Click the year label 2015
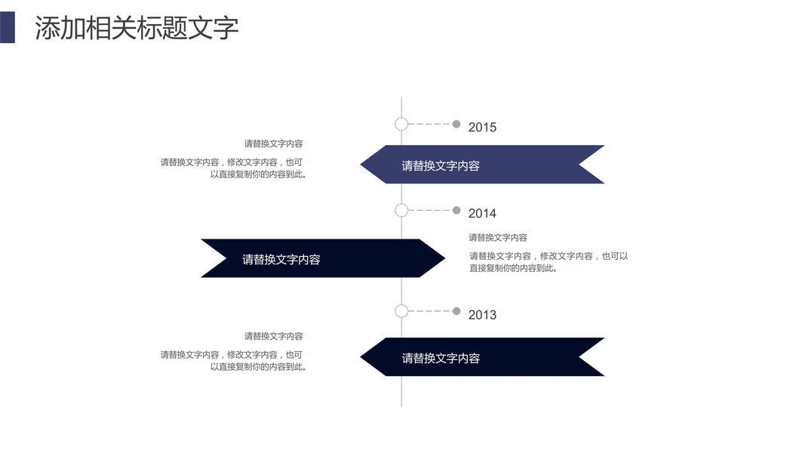point(482,127)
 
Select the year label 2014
point(482,214)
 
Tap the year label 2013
point(482,315)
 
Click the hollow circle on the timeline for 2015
point(401,124)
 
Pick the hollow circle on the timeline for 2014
point(401,210)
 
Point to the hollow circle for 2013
point(401,311)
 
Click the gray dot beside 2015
point(456,124)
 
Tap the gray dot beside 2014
point(456,210)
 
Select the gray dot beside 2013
point(456,311)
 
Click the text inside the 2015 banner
point(441,166)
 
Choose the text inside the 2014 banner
point(281,260)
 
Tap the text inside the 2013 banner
point(441,359)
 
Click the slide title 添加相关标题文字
point(137,28)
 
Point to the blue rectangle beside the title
point(8,28)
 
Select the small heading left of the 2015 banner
point(273,143)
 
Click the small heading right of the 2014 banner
point(498,238)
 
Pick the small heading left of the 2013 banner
point(273,336)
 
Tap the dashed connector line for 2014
point(429,210)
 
